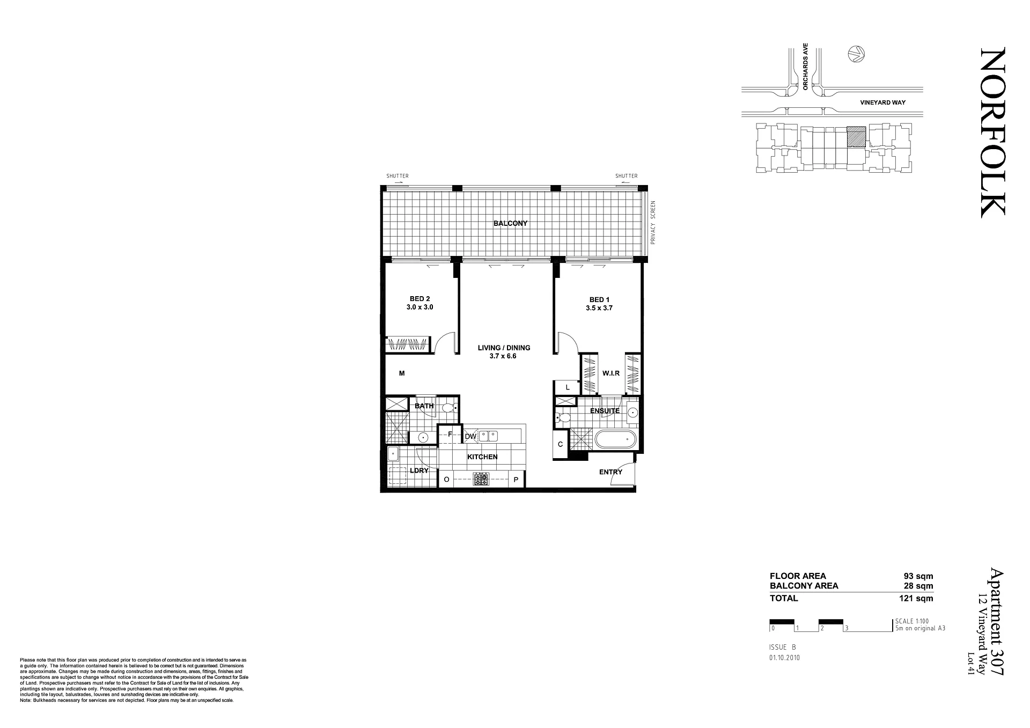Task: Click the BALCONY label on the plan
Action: coord(511,223)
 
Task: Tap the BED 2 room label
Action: coord(420,299)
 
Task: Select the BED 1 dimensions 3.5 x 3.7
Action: coord(599,308)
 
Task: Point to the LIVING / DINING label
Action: coord(504,348)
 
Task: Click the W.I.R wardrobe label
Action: coord(611,373)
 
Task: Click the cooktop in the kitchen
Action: coord(481,479)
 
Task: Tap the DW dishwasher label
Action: coord(470,437)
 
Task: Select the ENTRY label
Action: coord(610,472)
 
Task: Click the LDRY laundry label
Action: coord(419,470)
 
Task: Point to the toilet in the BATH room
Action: coord(450,408)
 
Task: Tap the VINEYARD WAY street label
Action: coord(882,102)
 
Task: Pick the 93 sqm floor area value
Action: coord(918,576)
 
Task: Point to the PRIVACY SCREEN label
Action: coord(653,223)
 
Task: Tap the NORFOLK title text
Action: coord(992,133)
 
